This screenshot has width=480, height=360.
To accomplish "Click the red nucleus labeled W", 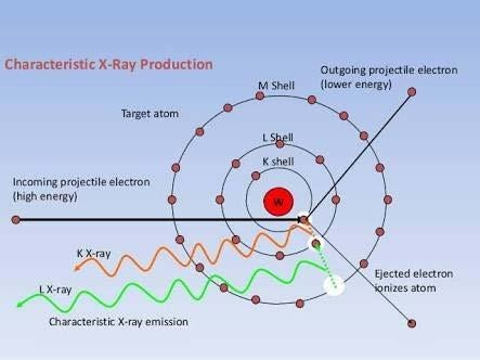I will pos(278,202).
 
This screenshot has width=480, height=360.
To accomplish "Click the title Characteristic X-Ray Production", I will pos(109,64).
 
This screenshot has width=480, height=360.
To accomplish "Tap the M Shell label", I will pos(276,86).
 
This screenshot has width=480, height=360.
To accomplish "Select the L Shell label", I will pos(278,137).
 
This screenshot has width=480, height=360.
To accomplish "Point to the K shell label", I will pos(278,161).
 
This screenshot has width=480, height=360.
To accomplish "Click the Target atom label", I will pos(150,114).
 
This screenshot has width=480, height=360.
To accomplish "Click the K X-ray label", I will pos(94,254).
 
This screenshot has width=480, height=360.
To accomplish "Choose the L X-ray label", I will pos(55,290).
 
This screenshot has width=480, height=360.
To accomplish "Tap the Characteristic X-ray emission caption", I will pos(118,322).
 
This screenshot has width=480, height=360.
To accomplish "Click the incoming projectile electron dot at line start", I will pos(16,220).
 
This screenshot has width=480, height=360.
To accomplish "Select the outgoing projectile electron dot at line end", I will pos(412,92).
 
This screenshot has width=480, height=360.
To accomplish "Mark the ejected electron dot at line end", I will pos(412,323).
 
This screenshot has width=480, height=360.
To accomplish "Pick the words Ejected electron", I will pos(414,274).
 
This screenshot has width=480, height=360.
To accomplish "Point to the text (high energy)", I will pos(45,196).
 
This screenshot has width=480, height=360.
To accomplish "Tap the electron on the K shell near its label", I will pos(256,176).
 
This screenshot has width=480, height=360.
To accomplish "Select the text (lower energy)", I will pos(356,84).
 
